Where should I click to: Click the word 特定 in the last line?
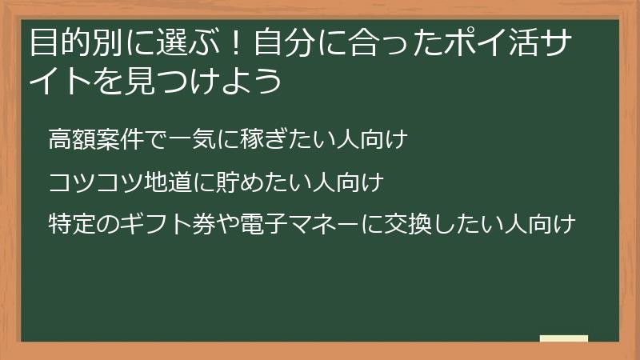70,225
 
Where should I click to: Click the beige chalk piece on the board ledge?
563,338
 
